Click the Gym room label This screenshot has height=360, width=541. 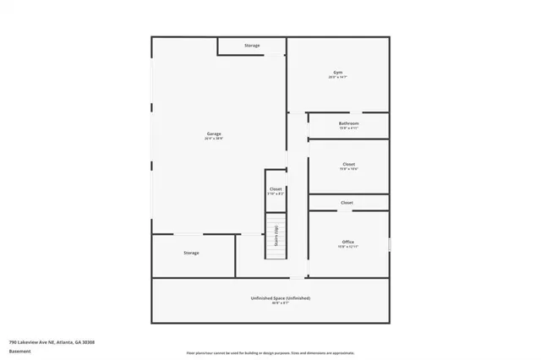point(338,73)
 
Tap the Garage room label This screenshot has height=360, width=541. point(214,134)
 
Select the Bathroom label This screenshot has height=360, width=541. point(348,123)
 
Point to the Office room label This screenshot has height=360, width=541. point(347,242)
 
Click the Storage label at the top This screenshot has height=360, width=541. point(252,46)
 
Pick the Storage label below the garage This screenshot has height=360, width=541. point(191,253)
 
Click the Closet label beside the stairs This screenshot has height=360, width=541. point(276,188)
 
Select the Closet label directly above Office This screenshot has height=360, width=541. point(347,203)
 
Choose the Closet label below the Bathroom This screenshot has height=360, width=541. point(348,164)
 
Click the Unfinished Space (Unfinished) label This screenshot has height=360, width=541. point(281,298)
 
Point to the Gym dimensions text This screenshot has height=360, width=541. point(338,78)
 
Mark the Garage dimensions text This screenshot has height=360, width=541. point(214,139)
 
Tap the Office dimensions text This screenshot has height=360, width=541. point(347,247)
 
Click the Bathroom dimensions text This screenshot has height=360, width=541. point(348,128)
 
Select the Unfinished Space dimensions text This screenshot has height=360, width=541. point(281,303)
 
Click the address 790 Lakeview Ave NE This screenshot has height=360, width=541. point(52,342)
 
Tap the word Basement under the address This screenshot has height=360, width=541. point(20,352)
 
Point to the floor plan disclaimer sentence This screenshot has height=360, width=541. point(270,352)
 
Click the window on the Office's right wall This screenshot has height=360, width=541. point(390,244)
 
